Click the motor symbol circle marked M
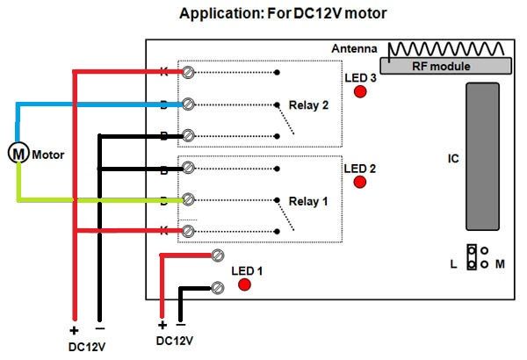point(18,153)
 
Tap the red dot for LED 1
point(245,284)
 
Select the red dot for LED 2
point(359,182)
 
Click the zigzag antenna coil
point(446,48)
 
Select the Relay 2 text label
point(308,105)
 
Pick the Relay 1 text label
point(308,201)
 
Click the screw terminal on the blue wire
point(186,104)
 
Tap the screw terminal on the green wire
point(186,200)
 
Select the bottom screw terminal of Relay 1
point(186,231)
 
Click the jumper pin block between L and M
point(472,257)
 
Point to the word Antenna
point(354,49)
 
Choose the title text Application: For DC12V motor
point(270,14)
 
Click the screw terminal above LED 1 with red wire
point(219,256)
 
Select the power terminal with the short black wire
point(219,287)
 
